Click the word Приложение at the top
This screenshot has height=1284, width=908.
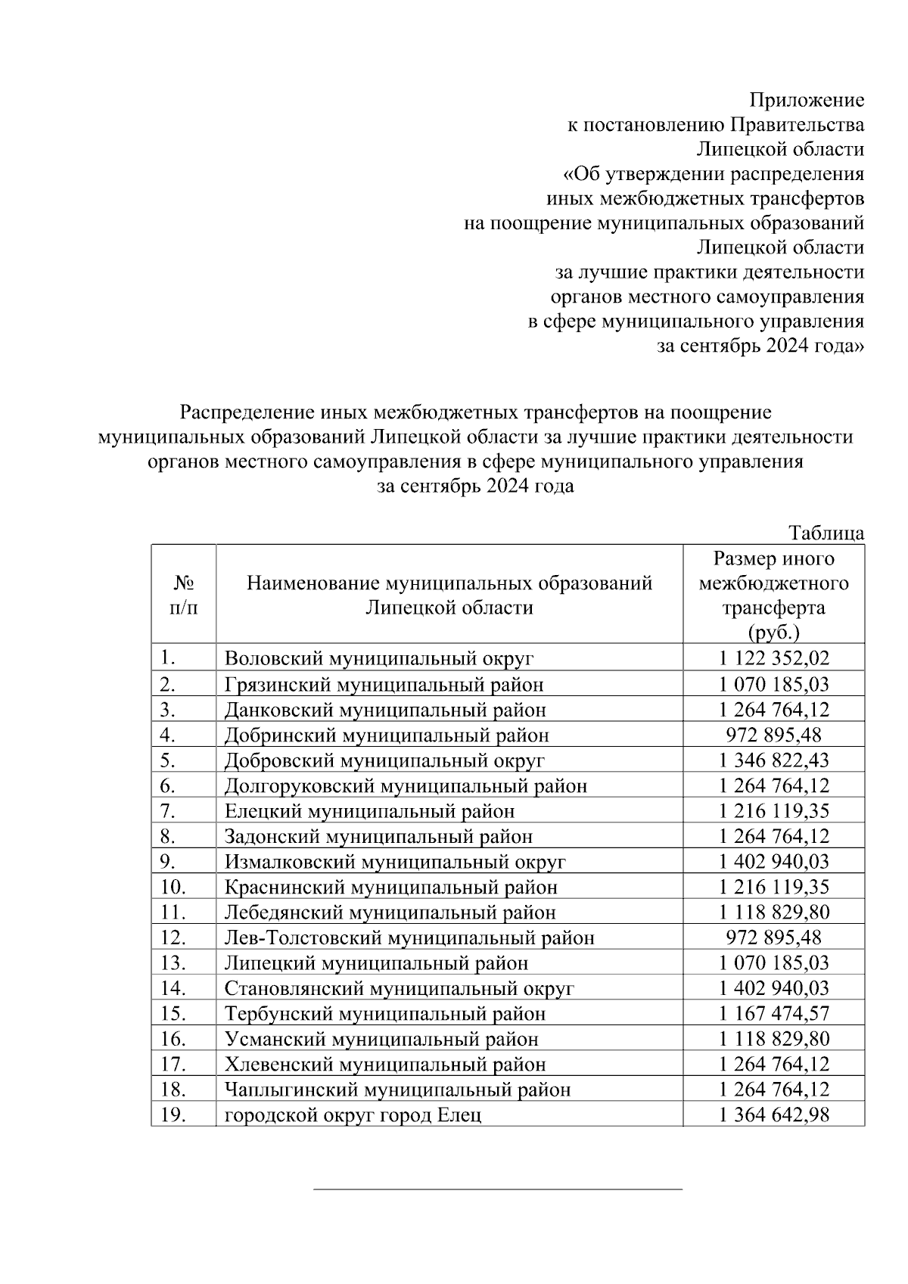pyautogui.click(x=806, y=100)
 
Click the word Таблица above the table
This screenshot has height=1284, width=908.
pyautogui.click(x=826, y=533)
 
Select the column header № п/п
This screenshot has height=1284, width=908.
pyautogui.click(x=184, y=595)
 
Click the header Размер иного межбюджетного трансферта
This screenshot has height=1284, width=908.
pyautogui.click(x=773, y=595)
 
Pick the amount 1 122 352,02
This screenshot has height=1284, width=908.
pyautogui.click(x=773, y=658)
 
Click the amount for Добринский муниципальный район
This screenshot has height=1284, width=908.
pyautogui.click(x=773, y=735)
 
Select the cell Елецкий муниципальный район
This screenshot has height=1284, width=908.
pyautogui.click(x=369, y=811)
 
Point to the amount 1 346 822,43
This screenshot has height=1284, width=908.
pyautogui.click(x=773, y=760)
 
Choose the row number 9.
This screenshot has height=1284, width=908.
pyautogui.click(x=168, y=861)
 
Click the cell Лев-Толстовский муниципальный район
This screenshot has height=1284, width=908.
pyautogui.click(x=409, y=938)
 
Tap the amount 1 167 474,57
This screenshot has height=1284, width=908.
pyautogui.click(x=773, y=1013)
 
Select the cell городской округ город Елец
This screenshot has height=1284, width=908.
pyautogui.click(x=353, y=1115)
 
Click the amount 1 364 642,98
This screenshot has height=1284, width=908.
pyautogui.click(x=773, y=1115)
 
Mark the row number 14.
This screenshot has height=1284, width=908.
pyautogui.click(x=173, y=988)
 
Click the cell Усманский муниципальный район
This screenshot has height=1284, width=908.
pyautogui.click(x=381, y=1040)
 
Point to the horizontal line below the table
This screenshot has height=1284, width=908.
pyautogui.click(x=498, y=1189)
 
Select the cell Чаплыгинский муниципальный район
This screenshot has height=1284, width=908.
pyautogui.click(x=397, y=1090)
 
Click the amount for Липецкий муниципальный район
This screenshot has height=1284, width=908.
pyautogui.click(x=773, y=962)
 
